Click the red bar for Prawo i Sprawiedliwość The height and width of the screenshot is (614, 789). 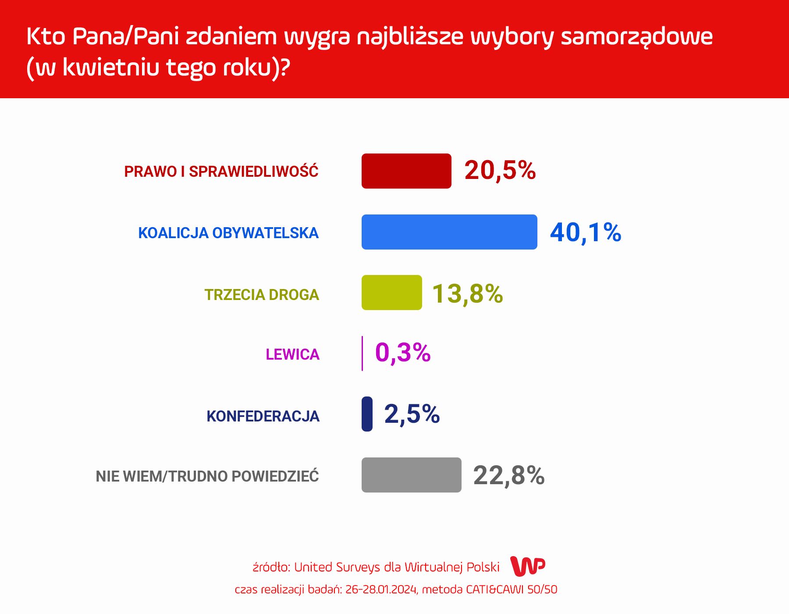point(406,171)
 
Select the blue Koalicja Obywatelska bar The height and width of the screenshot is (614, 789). point(449,232)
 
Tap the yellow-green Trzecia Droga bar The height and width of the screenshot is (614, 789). point(391,293)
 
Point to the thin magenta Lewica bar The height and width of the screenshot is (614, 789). point(362,353)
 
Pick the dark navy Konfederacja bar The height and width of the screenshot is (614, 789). point(367,414)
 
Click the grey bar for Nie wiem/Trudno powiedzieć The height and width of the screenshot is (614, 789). point(411,475)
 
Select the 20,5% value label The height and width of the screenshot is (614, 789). point(500,170)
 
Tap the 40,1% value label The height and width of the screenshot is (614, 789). point(586,232)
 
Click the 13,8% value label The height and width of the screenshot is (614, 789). point(468,293)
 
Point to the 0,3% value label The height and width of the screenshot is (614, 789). point(403,353)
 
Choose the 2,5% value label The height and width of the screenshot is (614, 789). point(412,414)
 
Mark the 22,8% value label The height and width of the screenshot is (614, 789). point(509,475)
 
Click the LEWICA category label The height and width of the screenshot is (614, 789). point(292,354)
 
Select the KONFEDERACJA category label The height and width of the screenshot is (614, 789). point(263,416)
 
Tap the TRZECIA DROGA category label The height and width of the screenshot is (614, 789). point(262,295)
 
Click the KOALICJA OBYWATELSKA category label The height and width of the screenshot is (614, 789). point(228,233)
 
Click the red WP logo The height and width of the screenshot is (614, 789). point(528,566)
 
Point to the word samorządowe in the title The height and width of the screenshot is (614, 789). point(636,37)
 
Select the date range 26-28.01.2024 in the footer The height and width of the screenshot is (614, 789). point(381,589)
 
